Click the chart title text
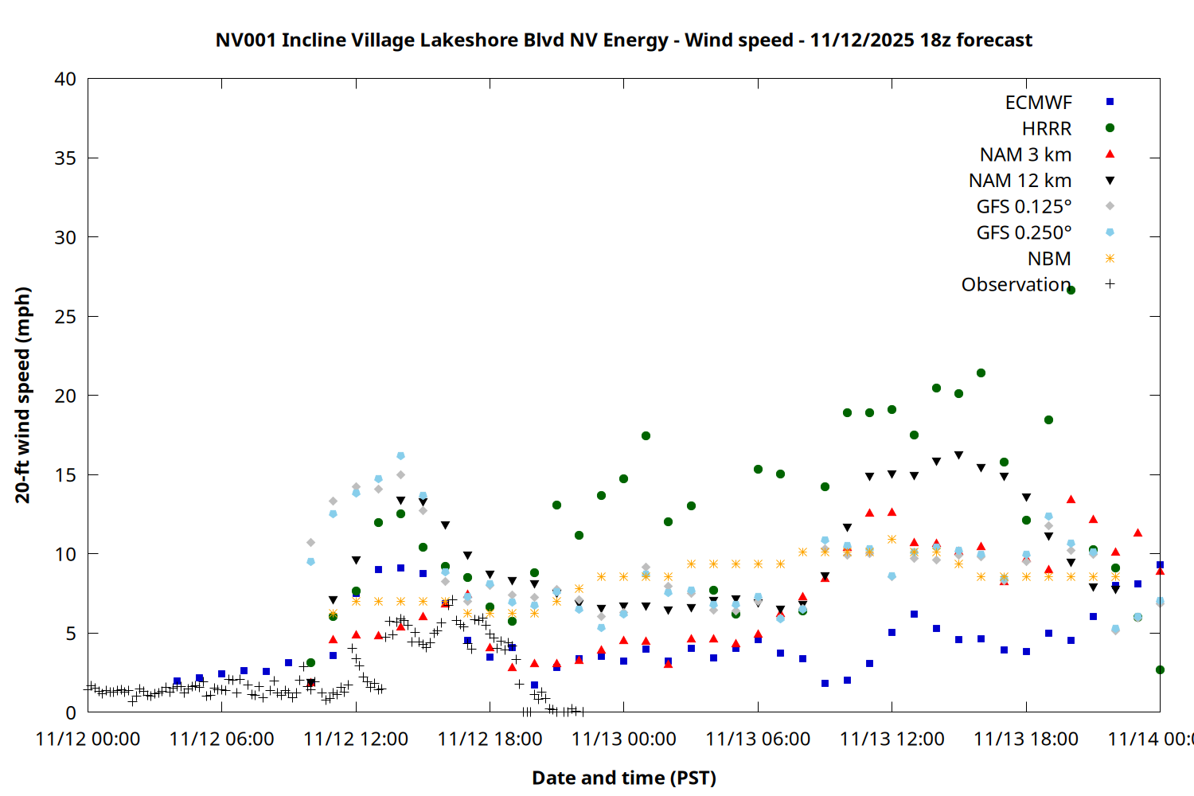pos(623,40)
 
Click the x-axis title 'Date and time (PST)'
pos(623,778)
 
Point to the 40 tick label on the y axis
pos(65,79)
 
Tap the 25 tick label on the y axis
pos(65,317)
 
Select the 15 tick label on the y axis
pos(65,475)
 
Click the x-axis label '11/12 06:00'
pos(221,739)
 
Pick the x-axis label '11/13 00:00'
pos(623,739)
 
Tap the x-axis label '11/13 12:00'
pos(892,739)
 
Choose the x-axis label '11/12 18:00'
pos(490,739)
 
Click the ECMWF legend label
pos(1038,103)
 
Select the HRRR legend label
pos(1047,129)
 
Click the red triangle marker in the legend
pos(1110,154)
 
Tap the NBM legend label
pos(1049,259)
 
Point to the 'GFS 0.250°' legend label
pos(1024,232)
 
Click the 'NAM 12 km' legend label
pos(1020,181)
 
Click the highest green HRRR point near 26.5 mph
pos(1071,291)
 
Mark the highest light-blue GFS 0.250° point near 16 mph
pos(400,456)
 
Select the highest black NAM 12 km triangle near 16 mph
pos(958,455)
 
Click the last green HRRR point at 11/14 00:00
pos(1160,670)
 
